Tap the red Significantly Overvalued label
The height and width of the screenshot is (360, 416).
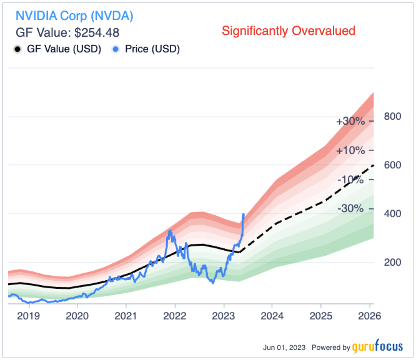tap(289, 31)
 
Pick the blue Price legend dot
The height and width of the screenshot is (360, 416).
tap(116, 49)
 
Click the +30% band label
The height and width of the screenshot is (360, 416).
tap(350, 122)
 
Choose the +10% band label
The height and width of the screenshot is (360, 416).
tap(350, 150)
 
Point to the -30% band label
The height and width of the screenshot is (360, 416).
tap(350, 208)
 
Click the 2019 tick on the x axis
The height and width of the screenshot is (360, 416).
tap(28, 316)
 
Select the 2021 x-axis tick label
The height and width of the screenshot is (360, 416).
tap(126, 316)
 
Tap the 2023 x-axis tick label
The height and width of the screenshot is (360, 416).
tap(223, 316)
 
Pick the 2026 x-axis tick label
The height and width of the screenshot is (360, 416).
tap(369, 316)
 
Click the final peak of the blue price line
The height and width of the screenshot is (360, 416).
tap(243, 214)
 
